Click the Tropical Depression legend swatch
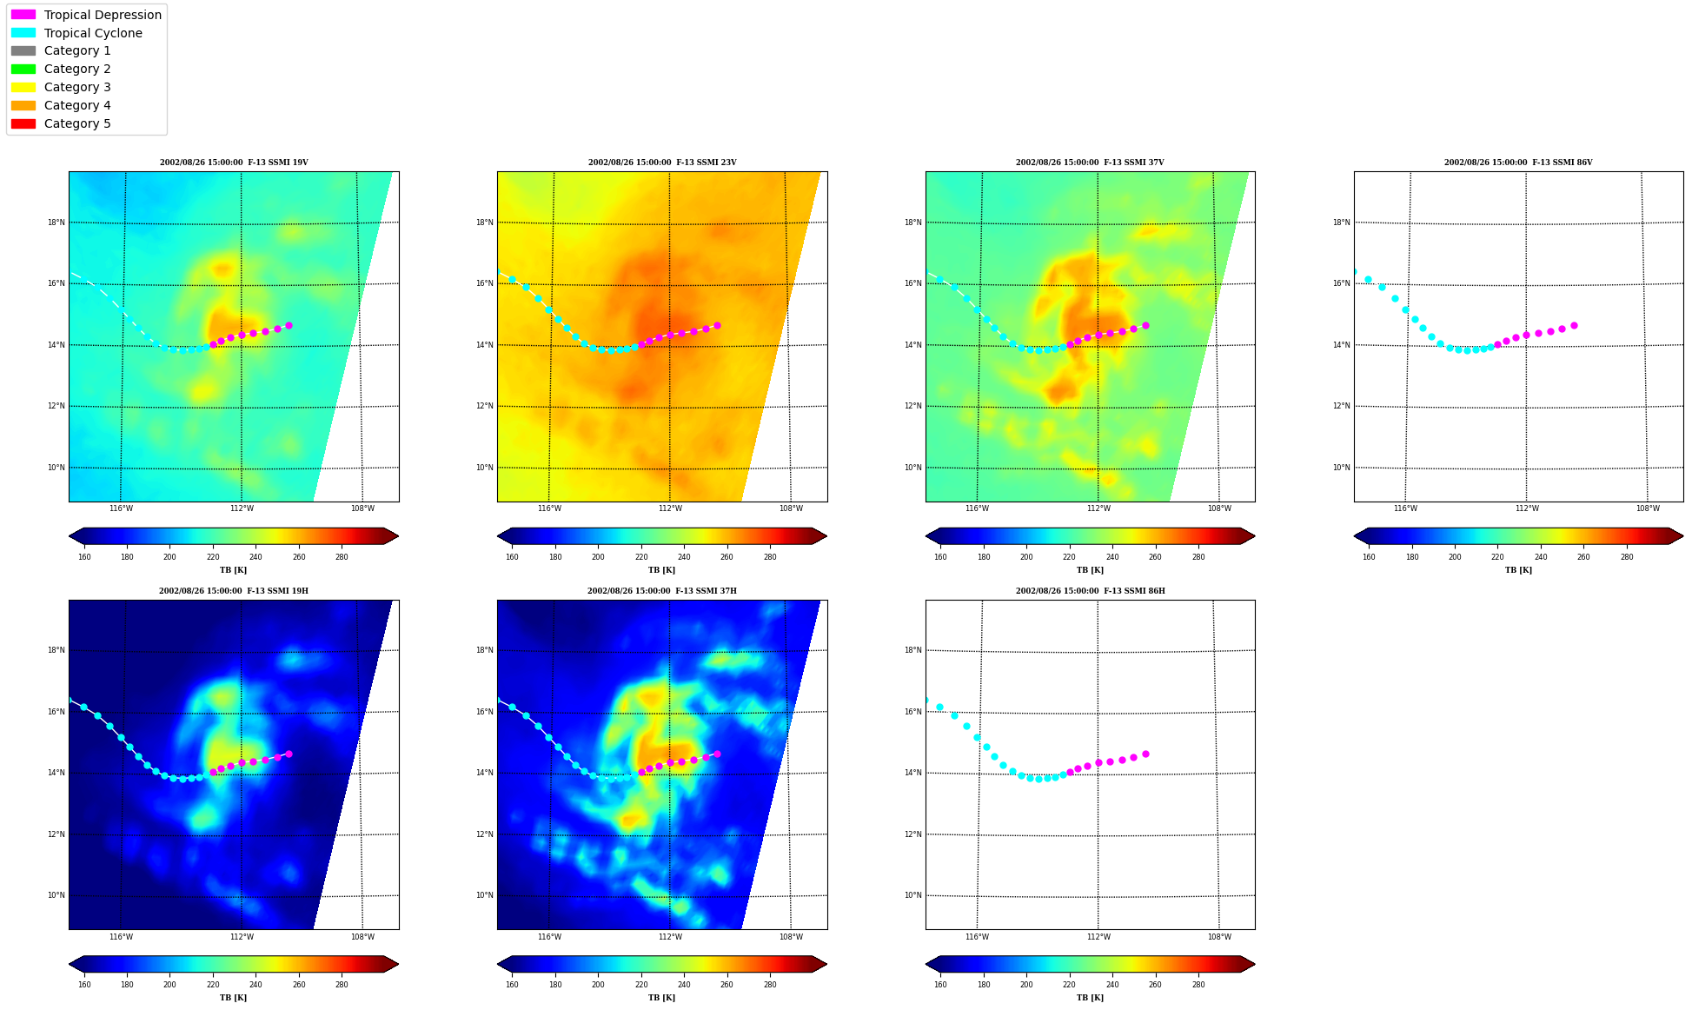23,15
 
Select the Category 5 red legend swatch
23,123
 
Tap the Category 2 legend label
77,69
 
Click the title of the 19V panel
234,163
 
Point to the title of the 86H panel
1091,591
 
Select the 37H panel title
662,591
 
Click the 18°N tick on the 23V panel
485,223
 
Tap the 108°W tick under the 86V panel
1648,508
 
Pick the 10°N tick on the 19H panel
56,895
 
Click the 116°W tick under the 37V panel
978,508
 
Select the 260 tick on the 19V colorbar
299,557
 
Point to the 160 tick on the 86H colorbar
940,985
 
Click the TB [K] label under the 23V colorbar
662,570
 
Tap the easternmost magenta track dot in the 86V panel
1574,325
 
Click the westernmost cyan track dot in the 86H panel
926,700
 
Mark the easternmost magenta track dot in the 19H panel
289,754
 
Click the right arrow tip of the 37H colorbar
826,964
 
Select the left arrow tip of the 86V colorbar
1355,536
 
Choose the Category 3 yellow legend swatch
23,87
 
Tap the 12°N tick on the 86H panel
912,834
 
